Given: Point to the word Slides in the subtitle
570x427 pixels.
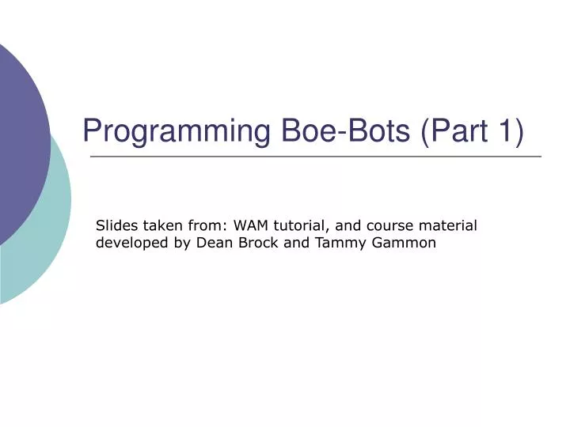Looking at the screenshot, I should [x=116, y=225].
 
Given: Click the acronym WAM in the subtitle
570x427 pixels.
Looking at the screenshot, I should [x=249, y=225].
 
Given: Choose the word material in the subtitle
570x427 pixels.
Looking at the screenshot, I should [x=450, y=225].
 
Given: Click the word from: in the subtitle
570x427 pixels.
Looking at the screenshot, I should [x=207, y=225].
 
